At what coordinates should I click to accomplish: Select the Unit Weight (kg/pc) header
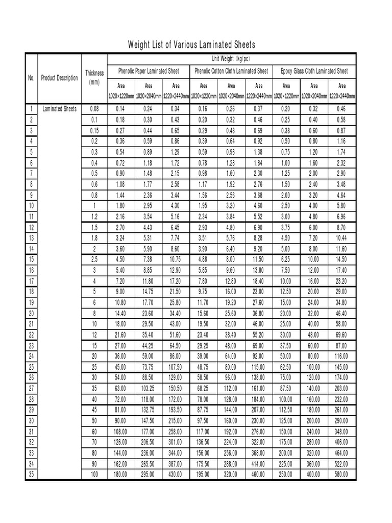(x=232, y=58)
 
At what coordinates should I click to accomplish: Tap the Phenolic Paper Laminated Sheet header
(x=149, y=71)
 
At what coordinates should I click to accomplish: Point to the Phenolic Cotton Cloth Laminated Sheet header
(x=231, y=71)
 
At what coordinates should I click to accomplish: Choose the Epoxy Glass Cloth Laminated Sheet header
(x=314, y=71)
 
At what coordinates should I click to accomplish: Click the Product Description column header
(x=60, y=78)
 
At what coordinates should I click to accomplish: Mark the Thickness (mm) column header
(x=94, y=78)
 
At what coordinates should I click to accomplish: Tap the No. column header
(x=31, y=78)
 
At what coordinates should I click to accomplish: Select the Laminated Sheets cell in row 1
(x=60, y=109)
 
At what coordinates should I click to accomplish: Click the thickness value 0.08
(x=94, y=109)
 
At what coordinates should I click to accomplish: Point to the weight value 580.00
(x=341, y=474)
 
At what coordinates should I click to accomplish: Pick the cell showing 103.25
(x=149, y=388)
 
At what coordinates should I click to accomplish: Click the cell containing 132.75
(x=149, y=410)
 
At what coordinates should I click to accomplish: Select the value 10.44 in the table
(x=341, y=238)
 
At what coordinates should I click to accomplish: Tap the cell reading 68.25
(x=204, y=388)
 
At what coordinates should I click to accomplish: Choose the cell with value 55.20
(x=259, y=335)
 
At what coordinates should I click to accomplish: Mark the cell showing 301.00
(x=176, y=442)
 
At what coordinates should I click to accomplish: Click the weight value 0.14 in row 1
(x=120, y=109)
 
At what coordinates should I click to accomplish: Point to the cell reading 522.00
(x=341, y=464)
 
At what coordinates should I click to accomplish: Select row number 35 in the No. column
(x=31, y=474)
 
